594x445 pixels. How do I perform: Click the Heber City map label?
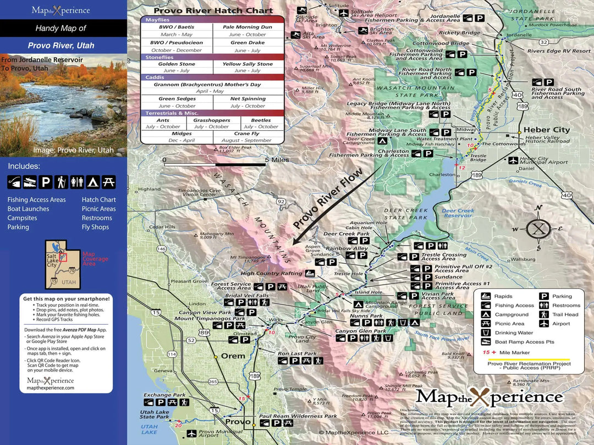tap(546, 130)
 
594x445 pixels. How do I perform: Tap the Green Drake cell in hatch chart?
tap(248, 46)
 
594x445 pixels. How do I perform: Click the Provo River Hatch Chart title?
tap(213, 10)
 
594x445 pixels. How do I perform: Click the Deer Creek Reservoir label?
tap(458, 213)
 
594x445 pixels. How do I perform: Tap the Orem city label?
tap(233, 356)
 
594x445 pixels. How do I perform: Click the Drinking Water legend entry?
tap(514, 333)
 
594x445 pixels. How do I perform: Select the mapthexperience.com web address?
tap(50, 388)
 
